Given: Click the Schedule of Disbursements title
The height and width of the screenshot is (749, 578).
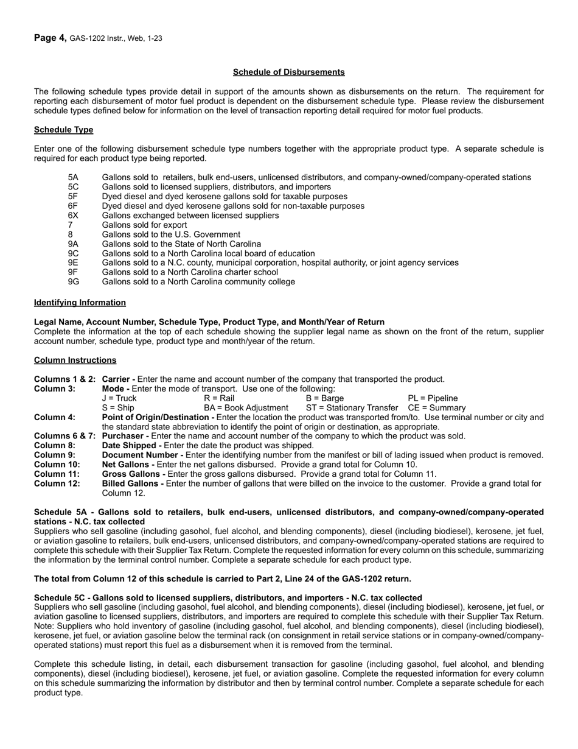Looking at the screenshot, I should [x=288, y=72].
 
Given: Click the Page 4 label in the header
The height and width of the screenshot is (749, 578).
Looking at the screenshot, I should [x=50, y=38].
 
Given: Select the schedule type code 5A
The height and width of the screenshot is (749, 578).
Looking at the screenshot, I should [x=73, y=177].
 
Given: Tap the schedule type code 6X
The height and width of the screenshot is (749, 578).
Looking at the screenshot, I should [x=73, y=215].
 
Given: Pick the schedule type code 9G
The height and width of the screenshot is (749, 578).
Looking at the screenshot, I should [x=74, y=281].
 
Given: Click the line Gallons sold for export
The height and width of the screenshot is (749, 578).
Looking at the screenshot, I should [x=144, y=225].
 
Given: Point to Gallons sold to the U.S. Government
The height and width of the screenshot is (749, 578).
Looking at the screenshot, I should [x=171, y=234].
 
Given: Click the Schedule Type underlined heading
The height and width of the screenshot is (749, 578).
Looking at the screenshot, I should [x=63, y=130].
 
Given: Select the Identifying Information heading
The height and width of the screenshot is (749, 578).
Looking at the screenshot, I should [x=80, y=302].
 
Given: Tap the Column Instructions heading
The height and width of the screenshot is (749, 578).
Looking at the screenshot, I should [x=75, y=360].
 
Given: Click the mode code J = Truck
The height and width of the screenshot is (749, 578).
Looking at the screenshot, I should [x=119, y=398].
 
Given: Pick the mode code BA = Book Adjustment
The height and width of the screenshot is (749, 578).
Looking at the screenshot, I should [x=246, y=407].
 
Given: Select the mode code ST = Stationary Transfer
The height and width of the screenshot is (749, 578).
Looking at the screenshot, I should [x=351, y=407].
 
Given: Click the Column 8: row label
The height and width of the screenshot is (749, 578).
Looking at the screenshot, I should [x=55, y=445].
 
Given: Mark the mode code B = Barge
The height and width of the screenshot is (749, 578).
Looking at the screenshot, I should [x=324, y=398].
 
